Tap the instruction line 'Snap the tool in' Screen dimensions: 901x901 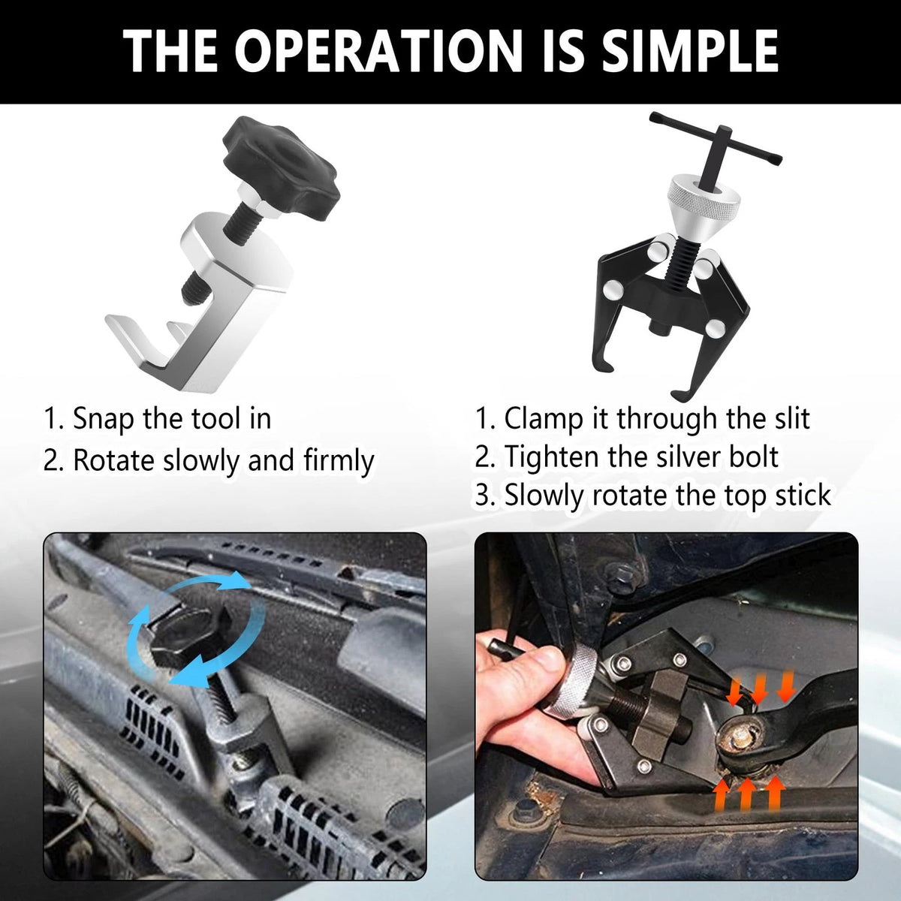[x=158, y=418]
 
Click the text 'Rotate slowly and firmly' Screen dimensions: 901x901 [x=209, y=460]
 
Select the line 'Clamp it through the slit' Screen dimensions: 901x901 [x=642, y=418]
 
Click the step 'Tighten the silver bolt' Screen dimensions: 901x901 [x=626, y=457]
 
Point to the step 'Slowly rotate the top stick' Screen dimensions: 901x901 [x=652, y=495]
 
